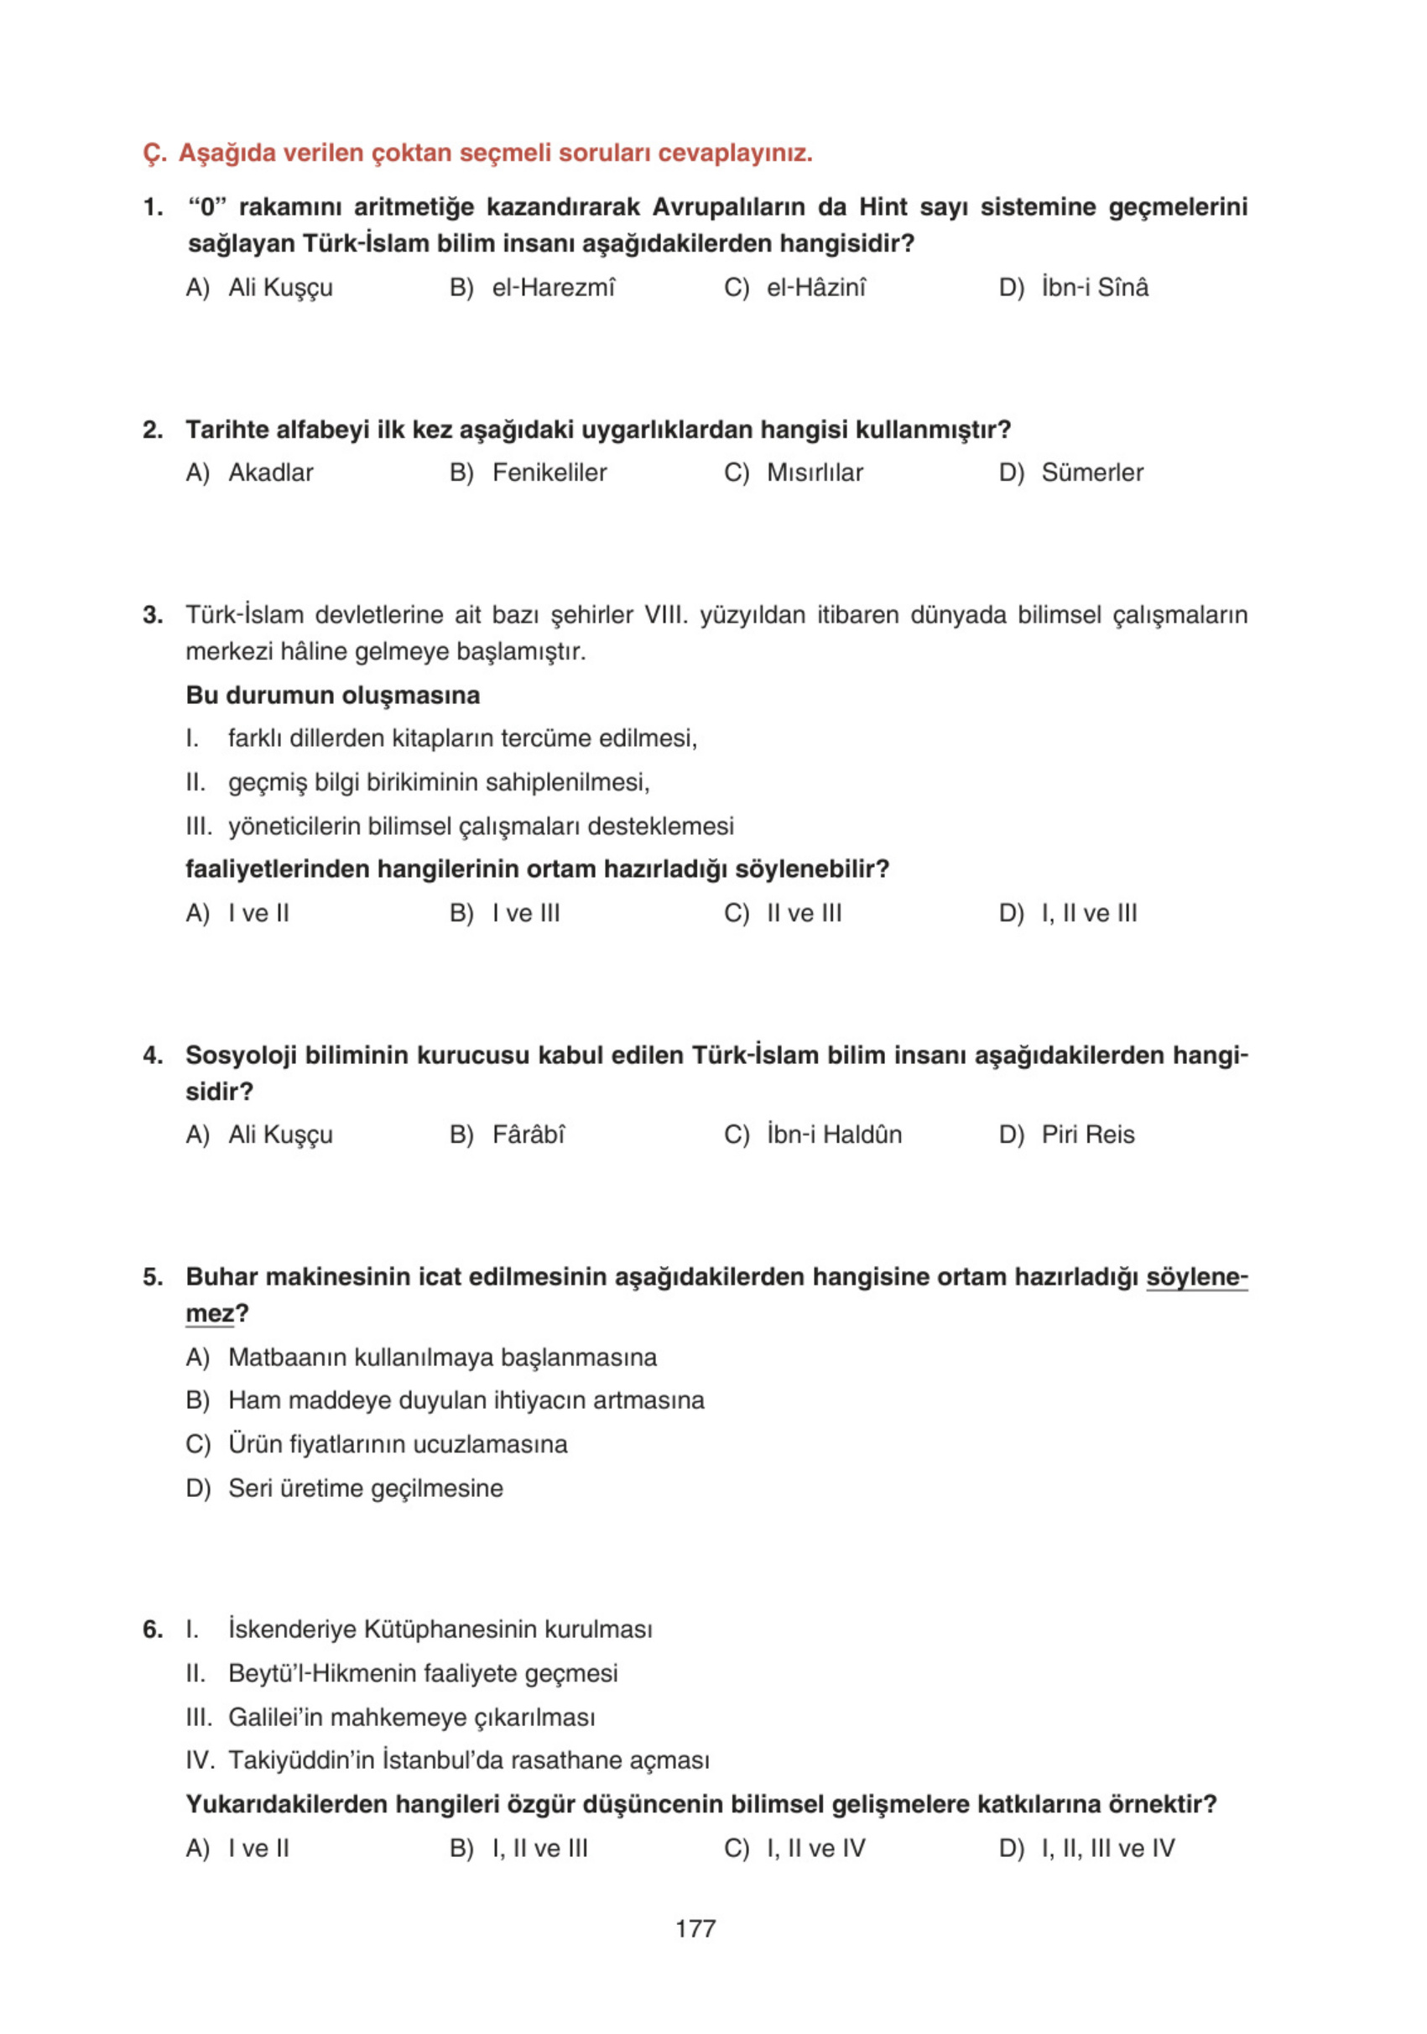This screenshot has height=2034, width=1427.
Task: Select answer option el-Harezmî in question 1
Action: tap(552, 287)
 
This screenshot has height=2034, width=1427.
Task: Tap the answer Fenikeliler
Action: tap(549, 472)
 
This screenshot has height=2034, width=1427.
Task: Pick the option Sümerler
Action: tap(1091, 472)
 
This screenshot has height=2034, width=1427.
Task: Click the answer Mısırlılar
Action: tap(814, 472)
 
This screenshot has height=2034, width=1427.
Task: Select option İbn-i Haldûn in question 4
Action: tap(834, 1134)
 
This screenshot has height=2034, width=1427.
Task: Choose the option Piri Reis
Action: tap(1087, 1134)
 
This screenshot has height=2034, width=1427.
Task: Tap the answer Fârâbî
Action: tap(528, 1134)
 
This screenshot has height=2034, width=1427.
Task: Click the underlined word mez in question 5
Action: tap(209, 1313)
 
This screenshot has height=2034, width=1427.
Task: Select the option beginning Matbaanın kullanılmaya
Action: tap(442, 1357)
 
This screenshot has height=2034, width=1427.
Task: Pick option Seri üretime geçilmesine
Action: tap(365, 1488)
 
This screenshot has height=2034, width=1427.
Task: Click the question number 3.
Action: tap(153, 615)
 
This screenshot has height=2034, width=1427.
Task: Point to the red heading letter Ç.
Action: tap(153, 154)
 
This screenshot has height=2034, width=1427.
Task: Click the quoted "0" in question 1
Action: tap(206, 207)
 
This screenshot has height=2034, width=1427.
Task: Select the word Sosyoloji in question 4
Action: tap(239, 1055)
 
